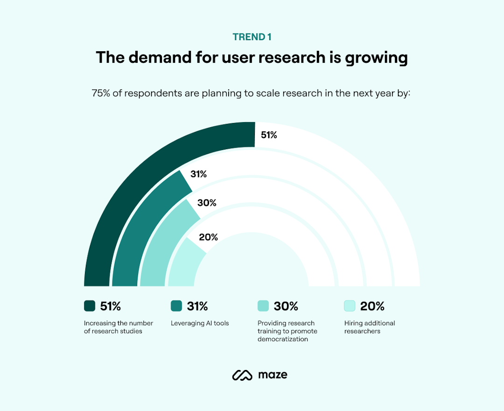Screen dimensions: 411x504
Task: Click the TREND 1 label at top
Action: (252, 37)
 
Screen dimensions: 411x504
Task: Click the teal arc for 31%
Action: (140, 224)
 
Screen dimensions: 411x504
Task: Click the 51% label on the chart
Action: (269, 135)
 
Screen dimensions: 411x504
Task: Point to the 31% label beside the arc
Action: (198, 174)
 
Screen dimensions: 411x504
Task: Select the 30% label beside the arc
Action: (207, 203)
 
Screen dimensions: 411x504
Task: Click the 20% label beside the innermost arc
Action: (208, 237)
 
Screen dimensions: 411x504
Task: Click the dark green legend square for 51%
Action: (90, 306)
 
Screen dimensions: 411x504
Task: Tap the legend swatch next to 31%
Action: (176, 306)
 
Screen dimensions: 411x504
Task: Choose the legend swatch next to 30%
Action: (263, 306)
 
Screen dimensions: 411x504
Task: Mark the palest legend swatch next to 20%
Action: (350, 306)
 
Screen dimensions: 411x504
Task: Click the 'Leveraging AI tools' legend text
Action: (200, 323)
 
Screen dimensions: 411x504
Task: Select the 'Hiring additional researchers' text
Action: (370, 327)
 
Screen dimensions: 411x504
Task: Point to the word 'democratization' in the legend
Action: (283, 339)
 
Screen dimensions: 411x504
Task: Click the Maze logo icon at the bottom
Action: (242, 375)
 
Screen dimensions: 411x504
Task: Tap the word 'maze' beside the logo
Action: (273, 375)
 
